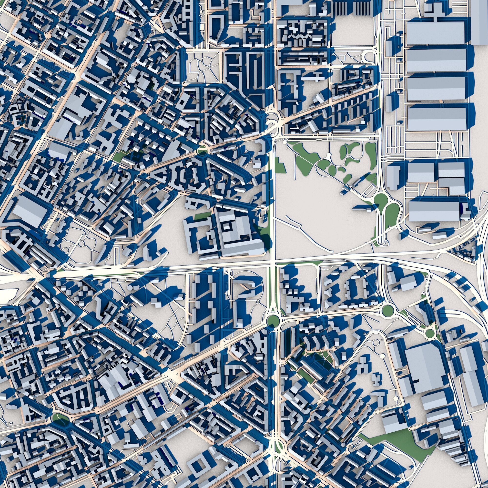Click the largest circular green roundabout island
tap(274, 321)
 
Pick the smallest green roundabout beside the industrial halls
tap(429, 334)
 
